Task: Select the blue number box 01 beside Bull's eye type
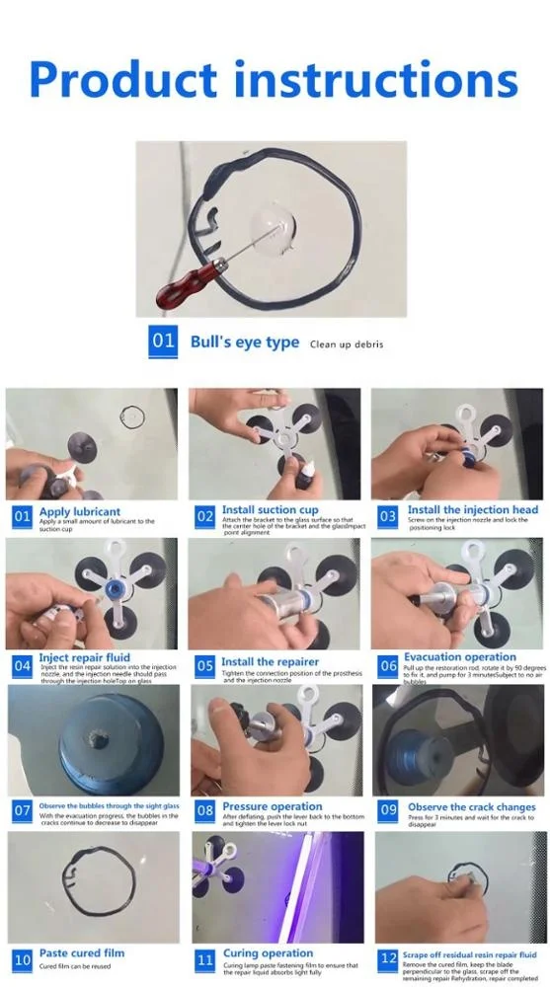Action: [163, 342]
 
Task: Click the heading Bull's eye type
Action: [245, 342]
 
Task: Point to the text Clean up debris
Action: [347, 344]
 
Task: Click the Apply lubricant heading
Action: [80, 511]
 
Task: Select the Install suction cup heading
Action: [270, 510]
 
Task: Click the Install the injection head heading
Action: [473, 510]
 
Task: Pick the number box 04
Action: [22, 665]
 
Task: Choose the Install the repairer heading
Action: [270, 662]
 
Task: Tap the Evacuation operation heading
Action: [461, 656]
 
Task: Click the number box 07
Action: [22, 811]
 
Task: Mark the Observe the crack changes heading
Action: [471, 806]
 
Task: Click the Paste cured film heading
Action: [82, 953]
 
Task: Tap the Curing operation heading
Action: [267, 953]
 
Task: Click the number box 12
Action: [388, 958]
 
